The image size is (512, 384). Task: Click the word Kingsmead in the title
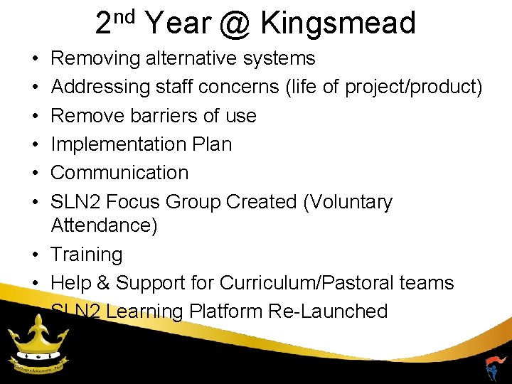pos(338,23)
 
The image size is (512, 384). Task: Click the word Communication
pos(119,172)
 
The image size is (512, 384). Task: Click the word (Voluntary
pos(348,202)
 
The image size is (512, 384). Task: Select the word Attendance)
pos(105,225)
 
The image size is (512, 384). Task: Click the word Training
pos(87,254)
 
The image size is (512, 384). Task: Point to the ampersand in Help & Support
pos(103,282)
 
